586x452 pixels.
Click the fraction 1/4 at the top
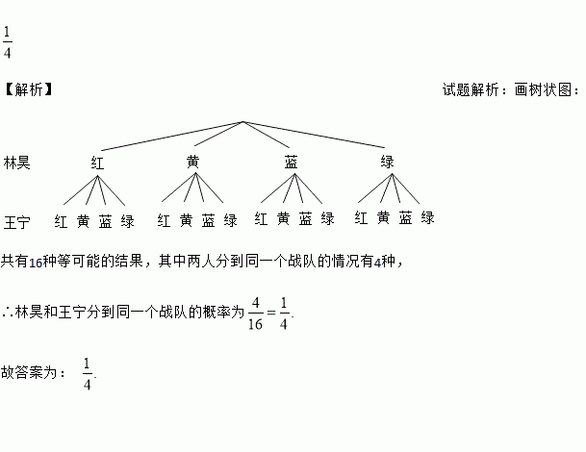8,43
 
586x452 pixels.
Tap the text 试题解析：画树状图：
510,89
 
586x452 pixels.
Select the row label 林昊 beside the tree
16,163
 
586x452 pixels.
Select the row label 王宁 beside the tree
16,222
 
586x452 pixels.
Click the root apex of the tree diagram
243,121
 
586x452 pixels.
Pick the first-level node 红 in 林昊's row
97,163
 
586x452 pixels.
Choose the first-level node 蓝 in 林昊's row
291,162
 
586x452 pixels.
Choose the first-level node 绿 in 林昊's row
388,162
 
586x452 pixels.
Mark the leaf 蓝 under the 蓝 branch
305,219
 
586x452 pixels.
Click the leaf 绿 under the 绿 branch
427,218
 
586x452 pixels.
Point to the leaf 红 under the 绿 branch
361,218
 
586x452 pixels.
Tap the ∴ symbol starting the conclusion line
8,311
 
